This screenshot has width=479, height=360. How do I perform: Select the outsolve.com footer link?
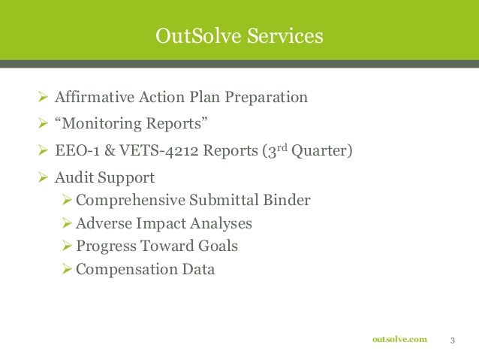click(x=399, y=340)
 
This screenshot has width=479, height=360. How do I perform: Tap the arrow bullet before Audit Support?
click(x=42, y=178)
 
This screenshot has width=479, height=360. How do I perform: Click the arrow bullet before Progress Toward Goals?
click(x=66, y=246)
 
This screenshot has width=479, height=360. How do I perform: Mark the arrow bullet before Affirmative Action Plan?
click(x=42, y=97)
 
